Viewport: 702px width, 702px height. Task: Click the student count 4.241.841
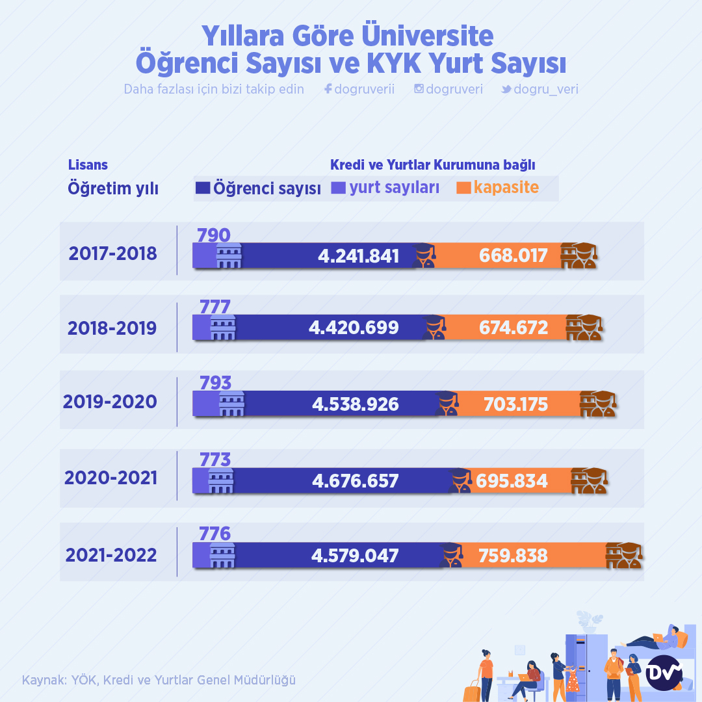tap(358, 255)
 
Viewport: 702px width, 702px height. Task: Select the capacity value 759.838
tap(513, 556)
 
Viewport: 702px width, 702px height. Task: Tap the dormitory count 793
tap(216, 382)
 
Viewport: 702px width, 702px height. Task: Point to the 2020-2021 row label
tap(111, 478)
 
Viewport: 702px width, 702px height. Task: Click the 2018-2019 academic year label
tap(112, 328)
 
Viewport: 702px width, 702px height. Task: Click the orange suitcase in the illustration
tap(471, 691)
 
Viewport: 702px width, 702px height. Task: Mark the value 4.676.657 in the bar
tap(355, 481)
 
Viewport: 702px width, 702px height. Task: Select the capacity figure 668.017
tap(513, 255)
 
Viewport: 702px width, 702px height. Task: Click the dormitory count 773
tap(215, 460)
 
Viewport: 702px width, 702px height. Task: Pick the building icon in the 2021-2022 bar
tap(222, 556)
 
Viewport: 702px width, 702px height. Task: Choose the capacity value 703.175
tap(515, 405)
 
